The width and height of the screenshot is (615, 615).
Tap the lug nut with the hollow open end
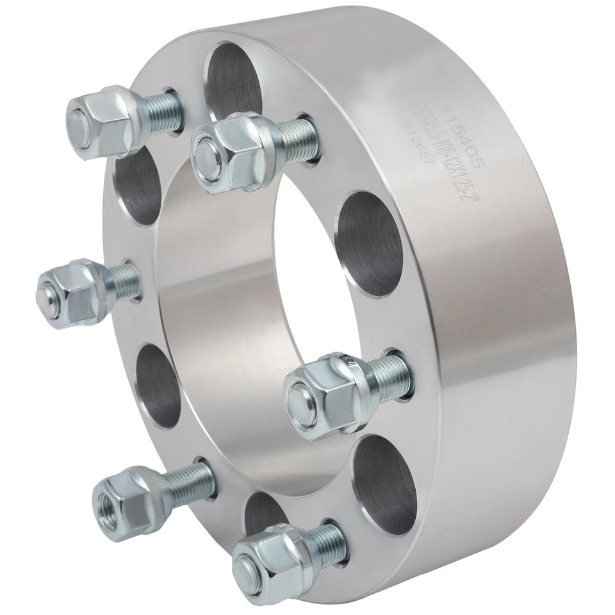coord(125,500)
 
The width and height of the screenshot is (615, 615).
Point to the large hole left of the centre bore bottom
coord(157,385)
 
